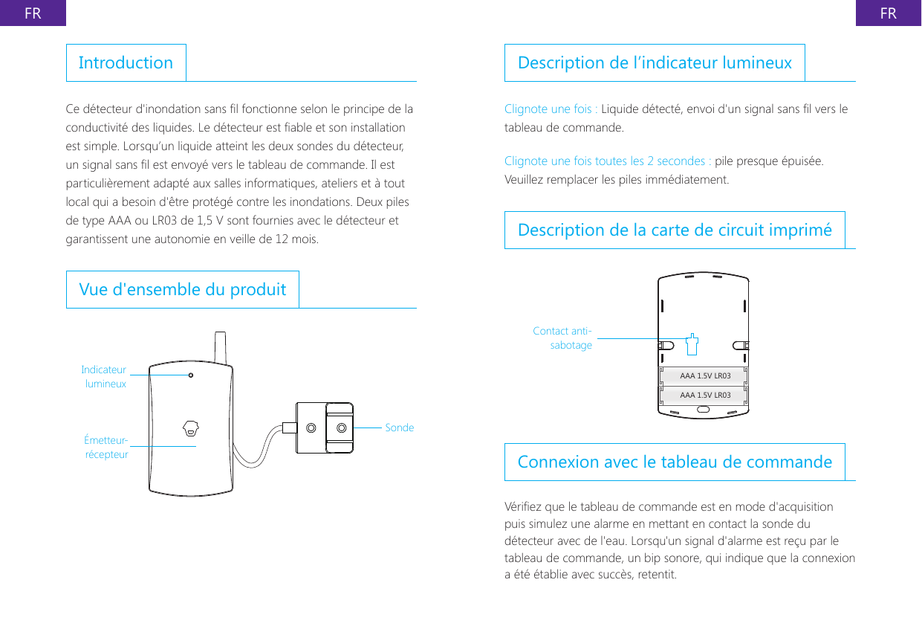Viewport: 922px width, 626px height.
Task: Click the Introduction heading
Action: tap(126, 62)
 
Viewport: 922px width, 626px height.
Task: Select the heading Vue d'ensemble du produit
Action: tap(182, 289)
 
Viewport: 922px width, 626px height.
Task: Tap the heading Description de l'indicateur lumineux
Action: tap(654, 62)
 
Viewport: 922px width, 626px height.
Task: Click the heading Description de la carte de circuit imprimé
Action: tap(674, 230)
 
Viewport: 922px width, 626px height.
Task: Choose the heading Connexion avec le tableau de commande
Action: tap(674, 462)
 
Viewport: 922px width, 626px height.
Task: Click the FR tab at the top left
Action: tap(33, 13)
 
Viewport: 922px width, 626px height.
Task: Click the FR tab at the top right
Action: tap(888, 13)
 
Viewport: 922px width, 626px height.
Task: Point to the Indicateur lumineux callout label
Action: tap(104, 377)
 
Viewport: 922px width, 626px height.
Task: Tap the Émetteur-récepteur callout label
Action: tap(106, 447)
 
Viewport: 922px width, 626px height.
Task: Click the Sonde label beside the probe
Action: tap(400, 427)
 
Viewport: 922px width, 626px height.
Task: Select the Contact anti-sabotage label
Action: tap(562, 338)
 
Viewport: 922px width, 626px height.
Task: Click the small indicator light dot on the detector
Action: tap(191, 375)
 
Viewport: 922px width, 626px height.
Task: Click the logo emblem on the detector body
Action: tap(191, 428)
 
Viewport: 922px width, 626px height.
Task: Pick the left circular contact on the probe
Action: tap(311, 427)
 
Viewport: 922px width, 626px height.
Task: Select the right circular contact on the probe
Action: tap(341, 427)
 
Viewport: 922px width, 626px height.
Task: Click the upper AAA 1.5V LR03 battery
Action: tap(704, 376)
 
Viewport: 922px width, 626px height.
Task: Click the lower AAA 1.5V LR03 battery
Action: tap(704, 395)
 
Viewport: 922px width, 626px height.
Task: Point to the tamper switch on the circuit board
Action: tap(692, 343)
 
